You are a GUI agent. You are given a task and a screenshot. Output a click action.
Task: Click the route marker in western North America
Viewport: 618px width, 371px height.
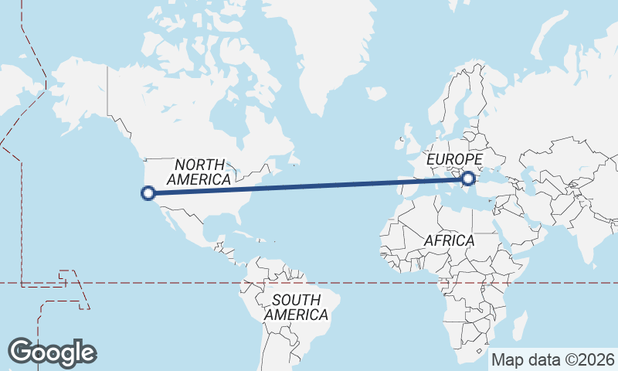[149, 192]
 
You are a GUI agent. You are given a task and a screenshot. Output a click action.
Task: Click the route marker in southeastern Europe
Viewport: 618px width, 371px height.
[467, 179]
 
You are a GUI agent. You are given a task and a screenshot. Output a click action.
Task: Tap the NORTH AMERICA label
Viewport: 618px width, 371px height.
[199, 172]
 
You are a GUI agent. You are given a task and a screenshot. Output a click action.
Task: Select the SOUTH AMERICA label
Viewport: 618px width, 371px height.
[296, 308]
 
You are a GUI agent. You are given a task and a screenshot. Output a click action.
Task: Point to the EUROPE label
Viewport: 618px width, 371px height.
[454, 159]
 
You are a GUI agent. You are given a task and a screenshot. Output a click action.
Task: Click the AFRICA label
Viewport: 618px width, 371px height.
[449, 240]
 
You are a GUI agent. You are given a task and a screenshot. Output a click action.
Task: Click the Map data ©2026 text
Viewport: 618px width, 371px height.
[553, 359]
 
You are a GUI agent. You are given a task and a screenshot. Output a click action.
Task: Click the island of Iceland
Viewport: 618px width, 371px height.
[375, 93]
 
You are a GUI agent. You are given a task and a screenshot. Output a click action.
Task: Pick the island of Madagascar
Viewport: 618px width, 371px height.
[519, 325]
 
